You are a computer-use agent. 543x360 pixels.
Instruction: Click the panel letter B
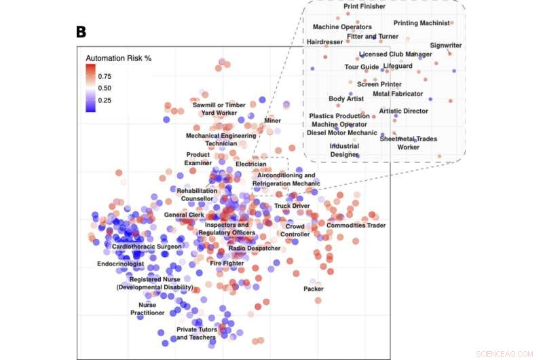pos(81,31)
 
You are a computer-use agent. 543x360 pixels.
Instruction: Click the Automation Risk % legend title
pos(118,58)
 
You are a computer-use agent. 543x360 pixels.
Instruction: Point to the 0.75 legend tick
pos(105,76)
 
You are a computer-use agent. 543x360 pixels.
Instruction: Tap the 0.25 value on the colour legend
pos(105,100)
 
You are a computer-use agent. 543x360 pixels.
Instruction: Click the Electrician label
pos(250,164)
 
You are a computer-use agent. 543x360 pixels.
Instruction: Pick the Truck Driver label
pos(292,205)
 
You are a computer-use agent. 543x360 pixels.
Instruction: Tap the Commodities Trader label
pos(356,225)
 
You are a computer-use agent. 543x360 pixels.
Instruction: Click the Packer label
pos(314,289)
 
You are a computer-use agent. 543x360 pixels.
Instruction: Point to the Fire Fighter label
pos(227,263)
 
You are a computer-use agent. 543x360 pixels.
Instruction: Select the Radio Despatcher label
pos(254,248)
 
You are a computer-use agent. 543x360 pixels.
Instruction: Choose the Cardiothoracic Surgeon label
pos(147,246)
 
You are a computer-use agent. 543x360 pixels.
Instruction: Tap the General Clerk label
pos(184,215)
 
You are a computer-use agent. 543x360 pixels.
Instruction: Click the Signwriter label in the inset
pos(446,46)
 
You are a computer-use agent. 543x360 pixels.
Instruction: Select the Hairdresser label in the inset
pos(326,41)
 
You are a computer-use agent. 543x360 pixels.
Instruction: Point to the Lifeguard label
pos(397,66)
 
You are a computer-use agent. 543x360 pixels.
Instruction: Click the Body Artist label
pos(346,98)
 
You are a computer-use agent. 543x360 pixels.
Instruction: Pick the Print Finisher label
pos(364,6)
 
